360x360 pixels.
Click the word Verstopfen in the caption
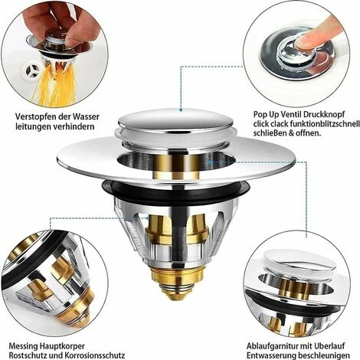click(x=35, y=117)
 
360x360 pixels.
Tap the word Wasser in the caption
click(x=86, y=116)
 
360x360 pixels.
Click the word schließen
click(x=270, y=133)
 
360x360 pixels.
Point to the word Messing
click(x=23, y=346)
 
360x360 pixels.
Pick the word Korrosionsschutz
click(x=94, y=355)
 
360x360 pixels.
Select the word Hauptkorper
click(x=62, y=346)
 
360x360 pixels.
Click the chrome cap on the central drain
click(x=176, y=120)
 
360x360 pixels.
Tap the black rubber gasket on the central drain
click(x=175, y=191)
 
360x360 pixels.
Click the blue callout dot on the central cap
click(x=181, y=110)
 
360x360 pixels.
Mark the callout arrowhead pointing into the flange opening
click(x=211, y=162)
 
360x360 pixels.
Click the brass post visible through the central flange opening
click(x=177, y=166)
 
